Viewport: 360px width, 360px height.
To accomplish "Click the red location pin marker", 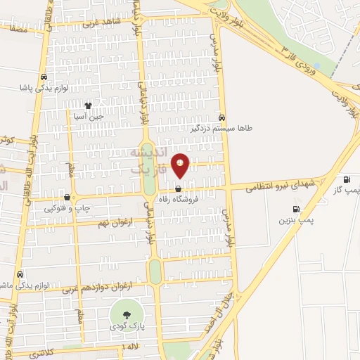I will tap(181, 166).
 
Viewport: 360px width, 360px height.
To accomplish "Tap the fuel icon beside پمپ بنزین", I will tap(296, 209).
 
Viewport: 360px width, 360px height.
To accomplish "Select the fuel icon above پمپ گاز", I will tap(345, 179).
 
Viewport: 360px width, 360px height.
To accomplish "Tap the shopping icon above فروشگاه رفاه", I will tap(178, 189).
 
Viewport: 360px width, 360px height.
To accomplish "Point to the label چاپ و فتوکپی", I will tap(65, 208).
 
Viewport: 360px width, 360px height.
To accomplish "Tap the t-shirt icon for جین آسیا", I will tap(88, 105).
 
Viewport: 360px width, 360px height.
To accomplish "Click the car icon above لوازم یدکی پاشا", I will tap(44, 77).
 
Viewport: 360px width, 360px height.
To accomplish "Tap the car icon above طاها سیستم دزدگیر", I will tap(222, 118).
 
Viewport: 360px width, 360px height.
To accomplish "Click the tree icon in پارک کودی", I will tap(127, 315).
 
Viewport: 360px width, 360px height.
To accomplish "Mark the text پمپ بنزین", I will tap(294, 220).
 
